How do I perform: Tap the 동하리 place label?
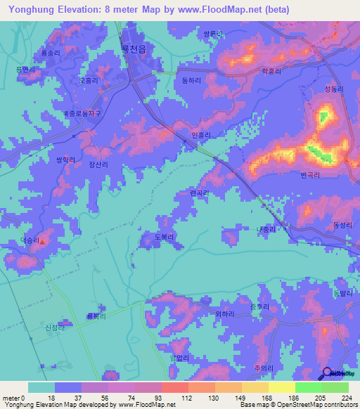point(191,82)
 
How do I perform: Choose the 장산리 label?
point(98,164)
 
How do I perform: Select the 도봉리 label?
point(169,238)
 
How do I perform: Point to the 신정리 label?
point(54,327)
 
